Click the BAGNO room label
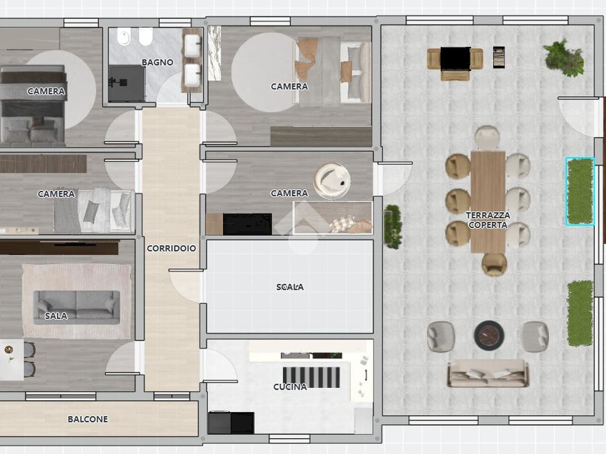click(157, 62)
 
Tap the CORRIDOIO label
click(171, 248)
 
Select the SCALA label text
click(290, 287)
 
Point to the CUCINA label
click(290, 387)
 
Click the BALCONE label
click(88, 419)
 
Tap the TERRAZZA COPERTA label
click(488, 220)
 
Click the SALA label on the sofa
click(56, 316)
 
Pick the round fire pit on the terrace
click(489, 335)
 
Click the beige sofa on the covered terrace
click(488, 374)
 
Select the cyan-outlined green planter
click(580, 191)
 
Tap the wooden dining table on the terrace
click(488, 202)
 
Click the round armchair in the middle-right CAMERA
click(332, 181)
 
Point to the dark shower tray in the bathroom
click(127, 83)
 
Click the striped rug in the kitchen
click(311, 377)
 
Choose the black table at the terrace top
click(455, 59)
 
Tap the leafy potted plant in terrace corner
click(564, 57)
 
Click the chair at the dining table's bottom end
click(494, 264)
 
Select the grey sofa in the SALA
click(76, 307)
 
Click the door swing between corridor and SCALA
click(185, 286)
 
